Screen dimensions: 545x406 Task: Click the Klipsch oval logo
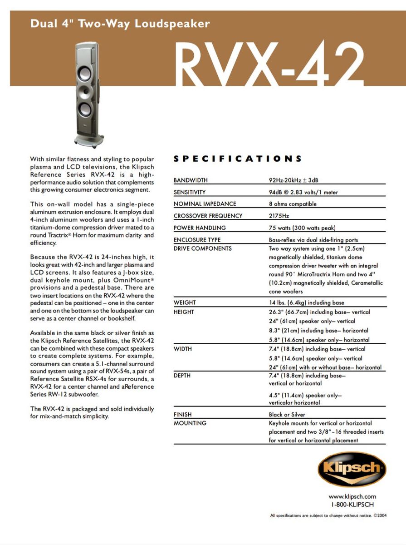[x=352, y=469]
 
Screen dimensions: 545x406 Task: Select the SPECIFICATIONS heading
[x=238, y=159]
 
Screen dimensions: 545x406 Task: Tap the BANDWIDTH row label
[x=191, y=180]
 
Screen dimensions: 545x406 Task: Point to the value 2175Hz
[x=279, y=216]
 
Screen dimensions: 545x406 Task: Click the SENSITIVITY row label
[x=190, y=192]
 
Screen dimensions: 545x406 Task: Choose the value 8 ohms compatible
[x=293, y=204]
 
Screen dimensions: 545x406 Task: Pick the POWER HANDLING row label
[x=200, y=228]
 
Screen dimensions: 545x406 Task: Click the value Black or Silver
[x=287, y=414]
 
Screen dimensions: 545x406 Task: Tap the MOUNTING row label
[x=190, y=423]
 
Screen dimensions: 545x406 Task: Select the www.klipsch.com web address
[x=352, y=496]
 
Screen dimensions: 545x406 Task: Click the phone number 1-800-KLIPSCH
[x=352, y=504]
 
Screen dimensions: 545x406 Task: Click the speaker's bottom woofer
[x=85, y=110]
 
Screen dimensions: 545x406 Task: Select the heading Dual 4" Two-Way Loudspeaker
[x=120, y=24]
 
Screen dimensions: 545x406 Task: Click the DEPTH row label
[x=182, y=376]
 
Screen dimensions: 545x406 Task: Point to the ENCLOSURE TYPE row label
[x=197, y=239]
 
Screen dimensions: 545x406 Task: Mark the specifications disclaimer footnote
[x=328, y=515]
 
